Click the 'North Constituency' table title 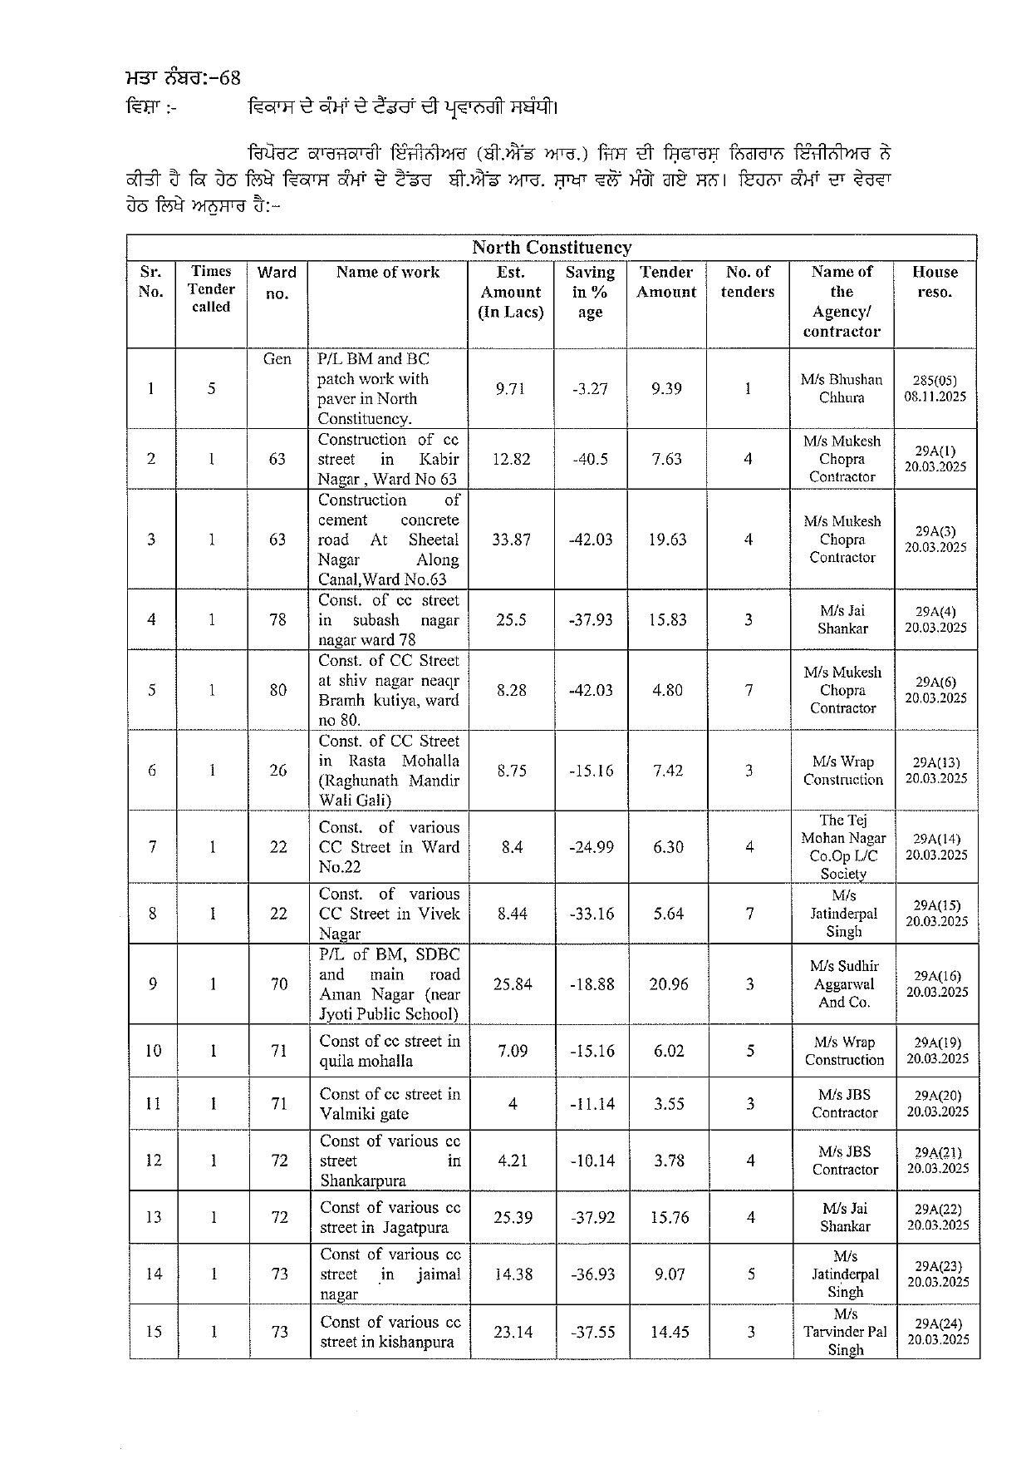[x=552, y=248]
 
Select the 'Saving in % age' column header [x=590, y=292]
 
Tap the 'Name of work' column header [x=388, y=273]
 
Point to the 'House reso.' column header [x=935, y=282]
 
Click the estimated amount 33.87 [x=511, y=540]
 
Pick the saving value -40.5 [x=590, y=459]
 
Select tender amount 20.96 [x=669, y=984]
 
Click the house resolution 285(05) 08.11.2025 [x=935, y=388]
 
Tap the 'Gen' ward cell [x=277, y=359]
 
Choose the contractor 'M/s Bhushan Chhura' [x=842, y=388]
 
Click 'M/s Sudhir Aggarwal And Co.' [x=844, y=984]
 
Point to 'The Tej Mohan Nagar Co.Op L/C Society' [x=843, y=847]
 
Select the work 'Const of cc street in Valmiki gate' [x=390, y=1104]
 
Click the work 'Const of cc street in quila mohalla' [x=390, y=1051]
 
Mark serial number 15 [x=154, y=1332]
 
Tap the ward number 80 [x=278, y=690]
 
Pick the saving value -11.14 [x=592, y=1104]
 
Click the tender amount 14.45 [x=670, y=1332]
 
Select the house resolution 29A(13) [x=936, y=771]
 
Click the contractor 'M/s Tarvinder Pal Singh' [x=845, y=1332]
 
